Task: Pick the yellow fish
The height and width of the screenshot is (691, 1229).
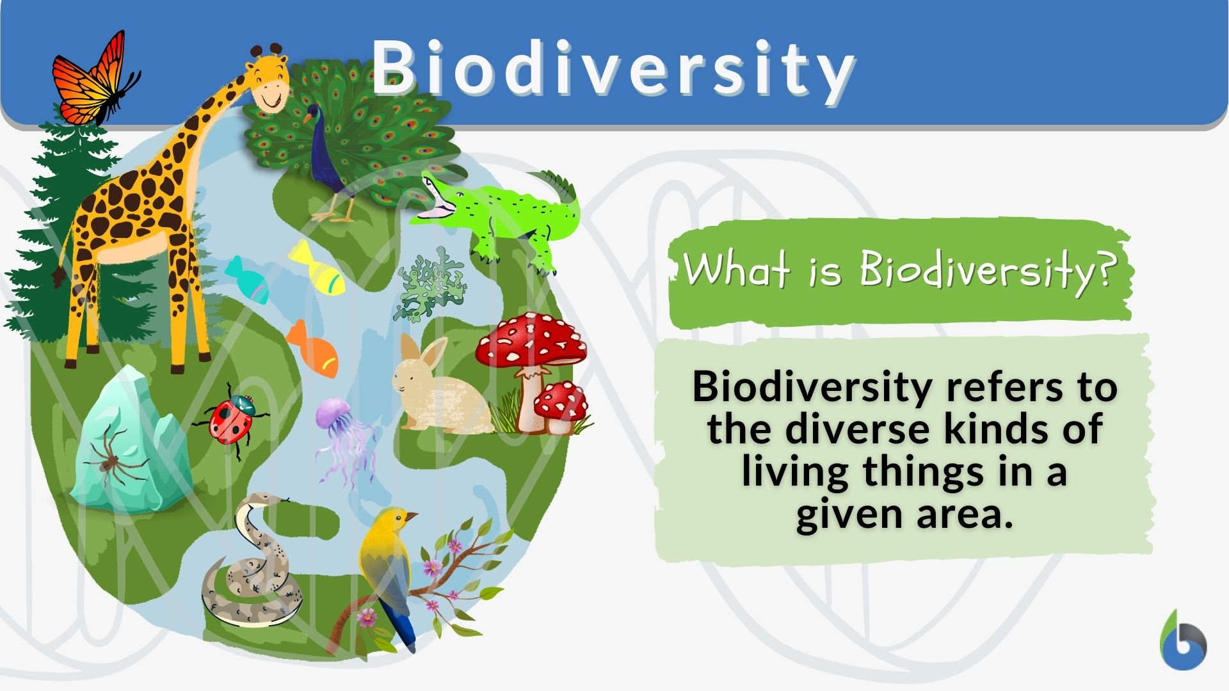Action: [318, 269]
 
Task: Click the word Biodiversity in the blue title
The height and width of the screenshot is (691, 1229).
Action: [613, 69]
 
